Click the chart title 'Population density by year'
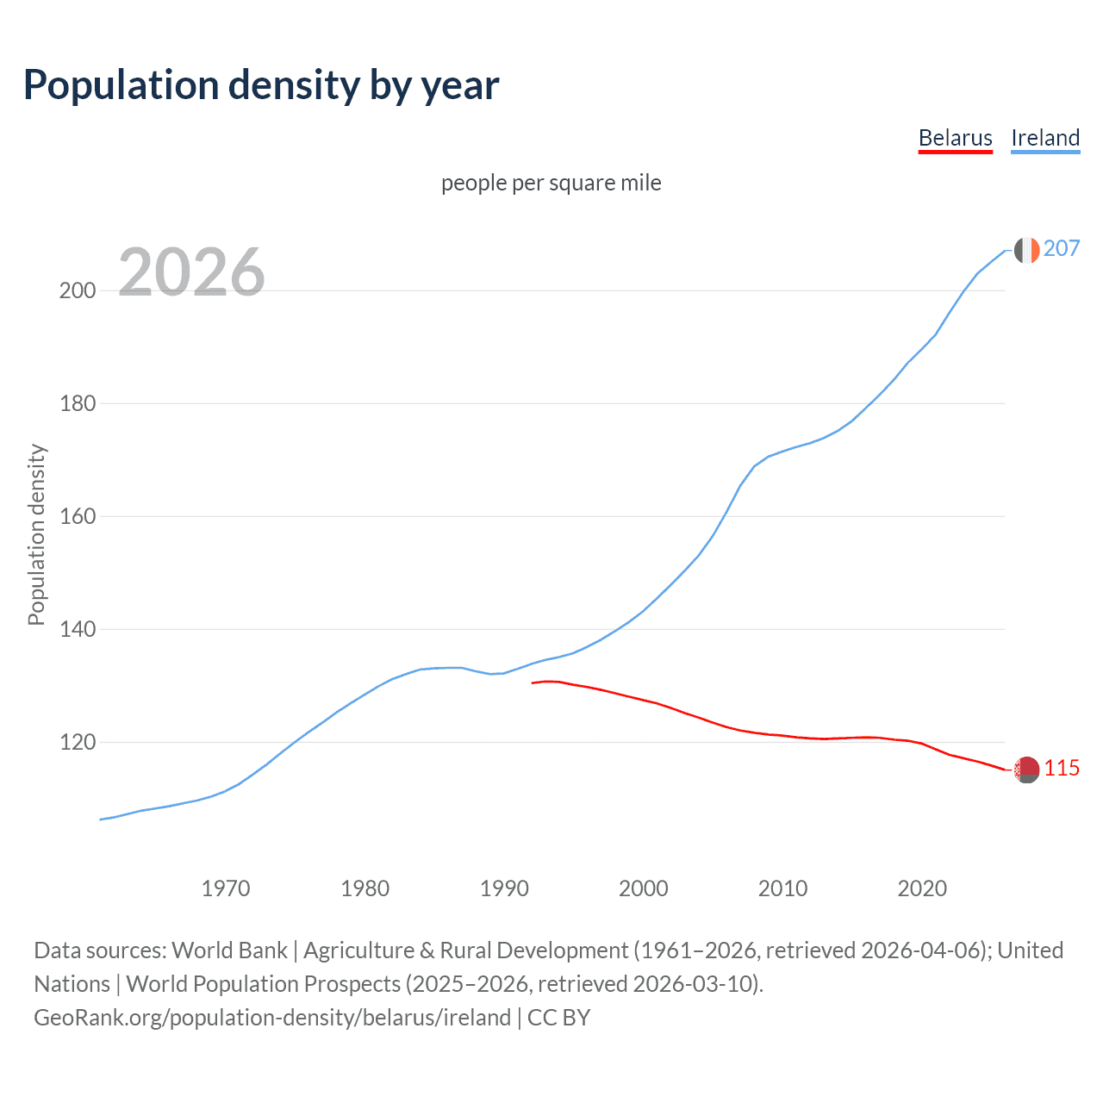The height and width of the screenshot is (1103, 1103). pos(261,85)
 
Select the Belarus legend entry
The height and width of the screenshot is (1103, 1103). pos(955,138)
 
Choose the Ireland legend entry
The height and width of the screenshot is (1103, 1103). pos(1044,138)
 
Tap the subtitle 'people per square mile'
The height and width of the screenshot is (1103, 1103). pos(551,184)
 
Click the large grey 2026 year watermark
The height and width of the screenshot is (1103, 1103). pos(191,272)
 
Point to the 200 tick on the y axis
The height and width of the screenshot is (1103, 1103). pos(77,290)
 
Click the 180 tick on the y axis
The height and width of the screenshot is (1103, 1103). pos(77,403)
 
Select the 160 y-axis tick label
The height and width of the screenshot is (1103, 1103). pos(77,517)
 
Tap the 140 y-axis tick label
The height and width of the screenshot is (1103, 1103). pos(77,630)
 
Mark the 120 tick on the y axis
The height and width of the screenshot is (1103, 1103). pos(77,743)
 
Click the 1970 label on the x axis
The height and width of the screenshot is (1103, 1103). pos(226,888)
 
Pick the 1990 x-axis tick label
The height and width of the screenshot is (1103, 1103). pos(504,888)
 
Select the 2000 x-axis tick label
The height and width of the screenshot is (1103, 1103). pos(644,888)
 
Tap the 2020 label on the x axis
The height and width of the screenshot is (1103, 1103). pos(922,888)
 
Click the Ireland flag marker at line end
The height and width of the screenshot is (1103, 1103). pos(1026,250)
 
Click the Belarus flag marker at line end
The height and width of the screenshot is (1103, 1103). pos(1026,770)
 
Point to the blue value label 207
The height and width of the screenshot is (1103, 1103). pos(1061,249)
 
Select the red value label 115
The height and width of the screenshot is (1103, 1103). pos(1062,769)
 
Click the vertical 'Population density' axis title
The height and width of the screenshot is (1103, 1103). pos(36,534)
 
